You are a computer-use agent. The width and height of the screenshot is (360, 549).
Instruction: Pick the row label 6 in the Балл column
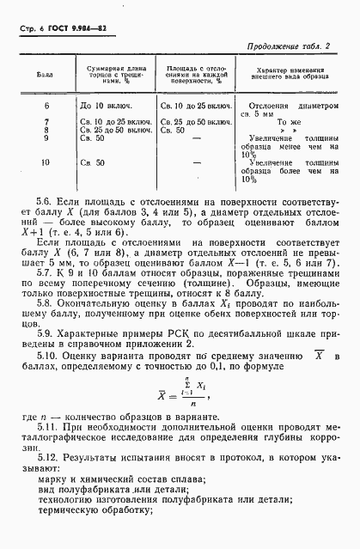tap(46, 105)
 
